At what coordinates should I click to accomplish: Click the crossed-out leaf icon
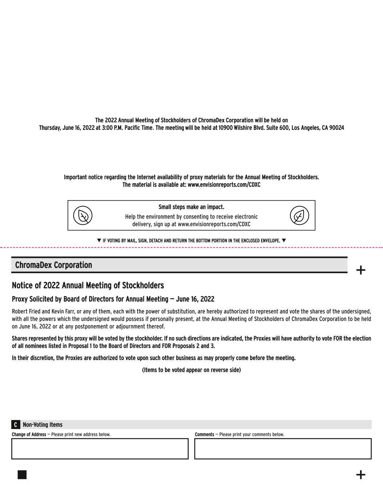pos(83,215)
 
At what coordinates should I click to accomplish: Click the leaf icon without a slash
pos(299,215)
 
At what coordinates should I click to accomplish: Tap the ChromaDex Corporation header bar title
pos(53,265)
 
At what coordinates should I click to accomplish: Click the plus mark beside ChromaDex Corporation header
pos(360,270)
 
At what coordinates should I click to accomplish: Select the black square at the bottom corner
pos(22,475)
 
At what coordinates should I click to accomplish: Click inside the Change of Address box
pos(100,449)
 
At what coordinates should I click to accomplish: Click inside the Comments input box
pos(283,449)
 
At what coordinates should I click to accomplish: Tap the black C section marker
pos(16,425)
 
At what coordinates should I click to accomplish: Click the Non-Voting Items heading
pos(42,425)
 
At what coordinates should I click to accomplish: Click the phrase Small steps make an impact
pos(191,207)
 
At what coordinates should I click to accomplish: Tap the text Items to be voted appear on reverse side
pos(191,370)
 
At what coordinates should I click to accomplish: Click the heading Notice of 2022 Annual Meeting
pos(88,285)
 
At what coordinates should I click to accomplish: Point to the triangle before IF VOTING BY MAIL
pos(99,240)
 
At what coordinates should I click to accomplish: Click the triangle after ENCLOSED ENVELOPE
pos(284,240)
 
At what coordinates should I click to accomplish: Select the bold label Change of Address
pos(29,434)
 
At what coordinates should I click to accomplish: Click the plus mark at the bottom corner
pos(360,475)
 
